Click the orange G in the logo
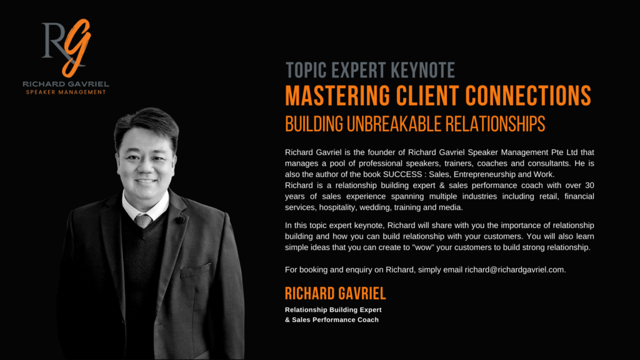coord(77,47)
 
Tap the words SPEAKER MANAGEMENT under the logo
coord(66,92)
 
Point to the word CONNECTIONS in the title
coord(528,96)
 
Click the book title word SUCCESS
coord(402,174)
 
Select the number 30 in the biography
coord(589,185)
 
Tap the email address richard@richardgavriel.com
coord(515,270)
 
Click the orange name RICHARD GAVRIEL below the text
coord(335,294)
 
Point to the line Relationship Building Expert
coord(333,310)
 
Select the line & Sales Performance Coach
coord(332,320)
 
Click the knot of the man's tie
coord(143,221)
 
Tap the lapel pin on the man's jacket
coord(179,219)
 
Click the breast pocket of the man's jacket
coord(196,270)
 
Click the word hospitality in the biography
coord(337,207)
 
